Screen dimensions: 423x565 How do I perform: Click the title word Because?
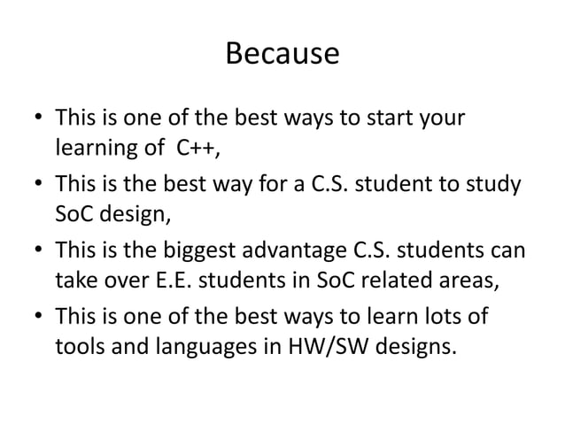pos(282,54)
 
